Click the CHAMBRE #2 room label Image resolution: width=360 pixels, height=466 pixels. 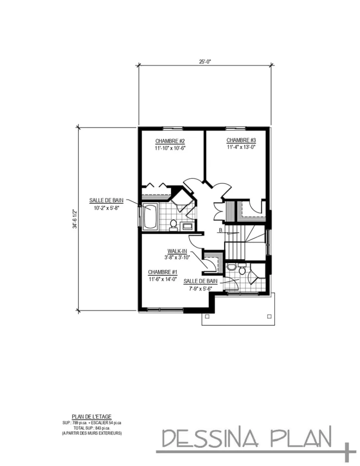(169, 141)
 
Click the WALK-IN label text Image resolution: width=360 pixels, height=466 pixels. (177, 251)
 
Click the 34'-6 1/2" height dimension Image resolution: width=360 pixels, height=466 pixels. (74, 219)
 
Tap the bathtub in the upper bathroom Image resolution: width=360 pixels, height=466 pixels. (150, 218)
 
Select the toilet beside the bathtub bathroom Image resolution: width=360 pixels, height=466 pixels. (173, 224)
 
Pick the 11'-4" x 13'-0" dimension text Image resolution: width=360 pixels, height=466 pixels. (241, 147)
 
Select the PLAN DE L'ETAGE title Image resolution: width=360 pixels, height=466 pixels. (91, 415)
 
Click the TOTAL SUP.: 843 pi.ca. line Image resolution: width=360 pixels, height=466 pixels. (91, 428)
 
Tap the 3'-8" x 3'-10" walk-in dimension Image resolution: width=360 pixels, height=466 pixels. (177, 257)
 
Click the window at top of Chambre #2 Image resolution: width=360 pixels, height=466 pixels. (170, 128)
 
